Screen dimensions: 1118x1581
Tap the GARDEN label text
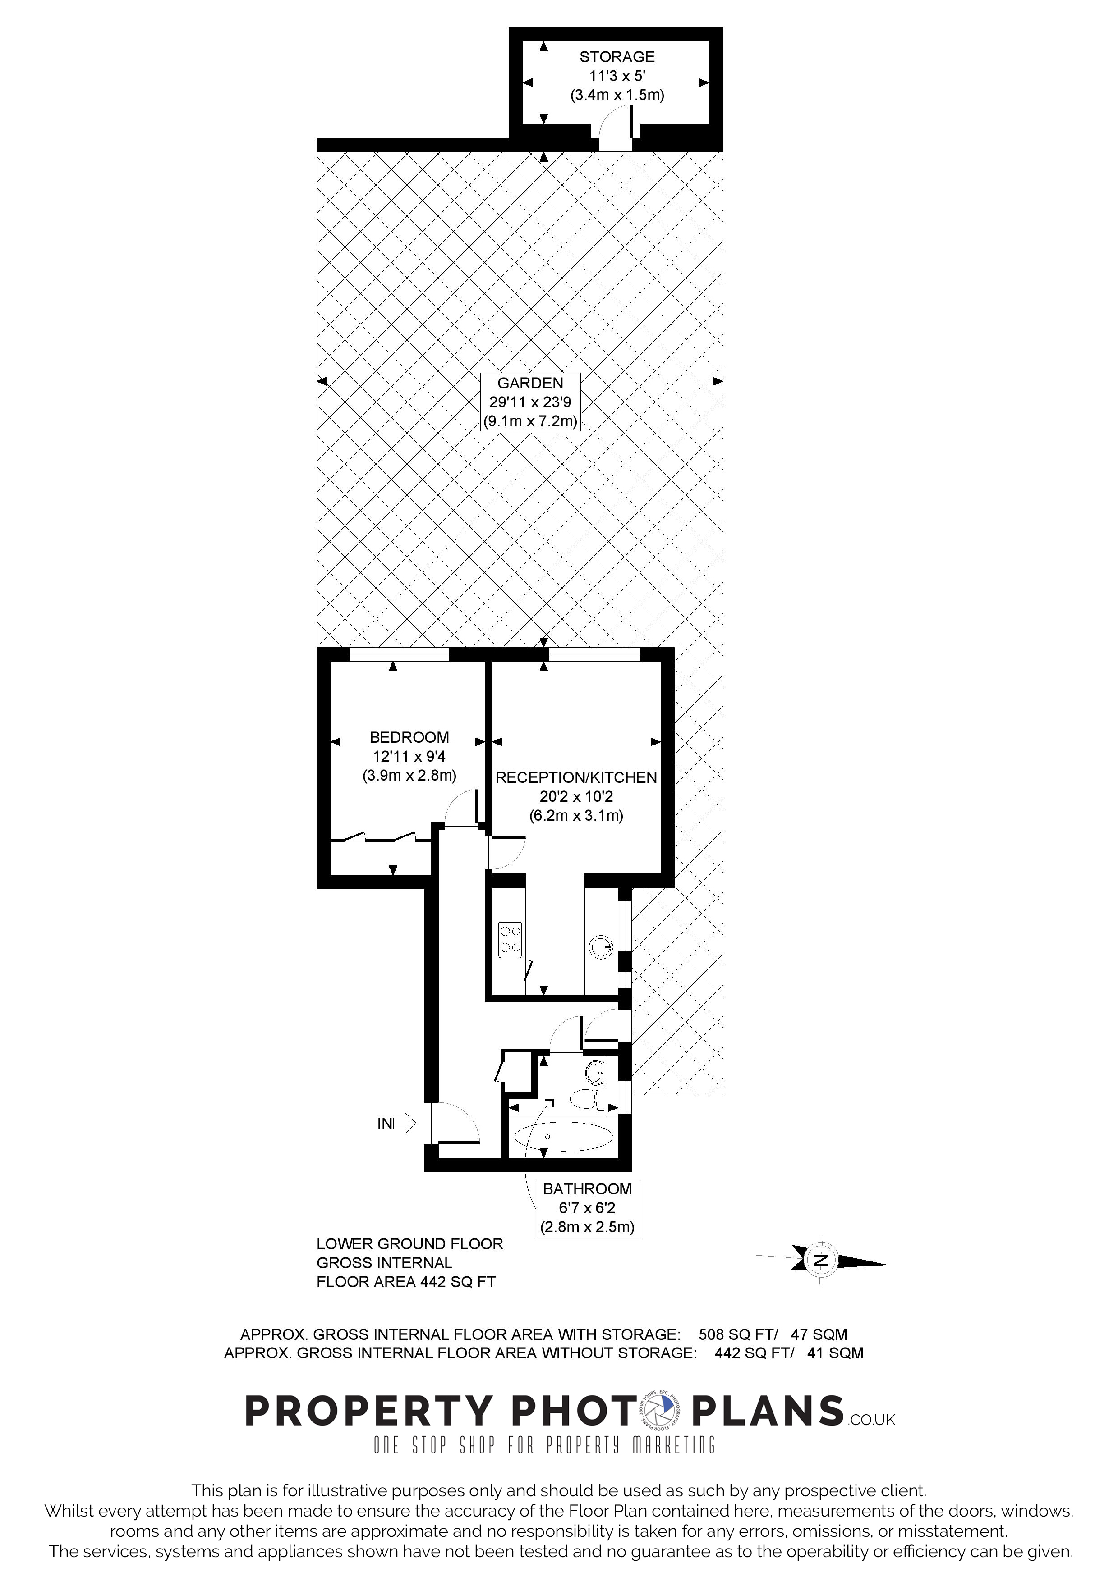[x=530, y=384]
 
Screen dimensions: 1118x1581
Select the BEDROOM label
[x=409, y=737]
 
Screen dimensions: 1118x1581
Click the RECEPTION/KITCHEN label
[x=576, y=777]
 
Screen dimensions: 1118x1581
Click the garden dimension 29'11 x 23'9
[x=530, y=402]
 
